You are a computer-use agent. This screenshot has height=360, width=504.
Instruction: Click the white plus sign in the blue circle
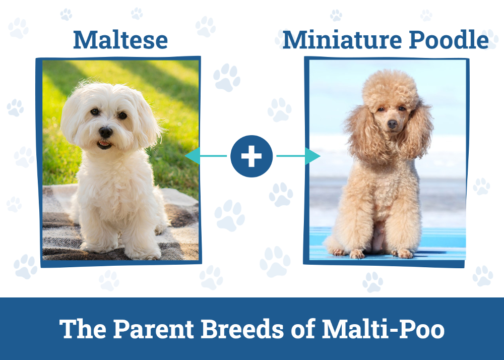point(251,156)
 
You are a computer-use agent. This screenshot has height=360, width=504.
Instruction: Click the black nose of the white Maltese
point(105,132)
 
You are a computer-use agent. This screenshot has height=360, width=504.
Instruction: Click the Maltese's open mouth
point(104,145)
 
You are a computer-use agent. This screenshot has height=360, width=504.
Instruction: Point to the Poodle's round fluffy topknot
point(391,88)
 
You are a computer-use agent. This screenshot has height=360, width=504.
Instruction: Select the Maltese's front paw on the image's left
point(93,247)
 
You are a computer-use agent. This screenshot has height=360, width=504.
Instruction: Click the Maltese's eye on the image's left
point(95,112)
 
